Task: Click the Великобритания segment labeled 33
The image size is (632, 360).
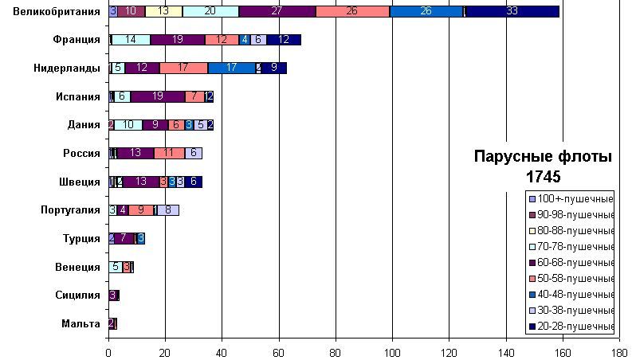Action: tap(512, 11)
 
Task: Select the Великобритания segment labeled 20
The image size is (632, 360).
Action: tap(210, 11)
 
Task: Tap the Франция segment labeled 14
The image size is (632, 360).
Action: tap(132, 40)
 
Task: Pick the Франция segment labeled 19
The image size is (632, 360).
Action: tap(177, 40)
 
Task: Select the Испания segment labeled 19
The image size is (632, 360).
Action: tap(157, 96)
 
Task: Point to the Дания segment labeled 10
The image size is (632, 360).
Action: tap(128, 125)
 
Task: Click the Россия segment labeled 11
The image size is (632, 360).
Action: tap(169, 153)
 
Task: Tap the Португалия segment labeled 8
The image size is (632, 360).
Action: tap(168, 210)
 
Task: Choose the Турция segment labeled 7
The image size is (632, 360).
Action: tap(124, 238)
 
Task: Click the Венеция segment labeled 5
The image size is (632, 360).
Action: tap(116, 267)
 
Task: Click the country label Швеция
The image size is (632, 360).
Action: tap(82, 182)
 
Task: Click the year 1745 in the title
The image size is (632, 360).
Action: tap(543, 175)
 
